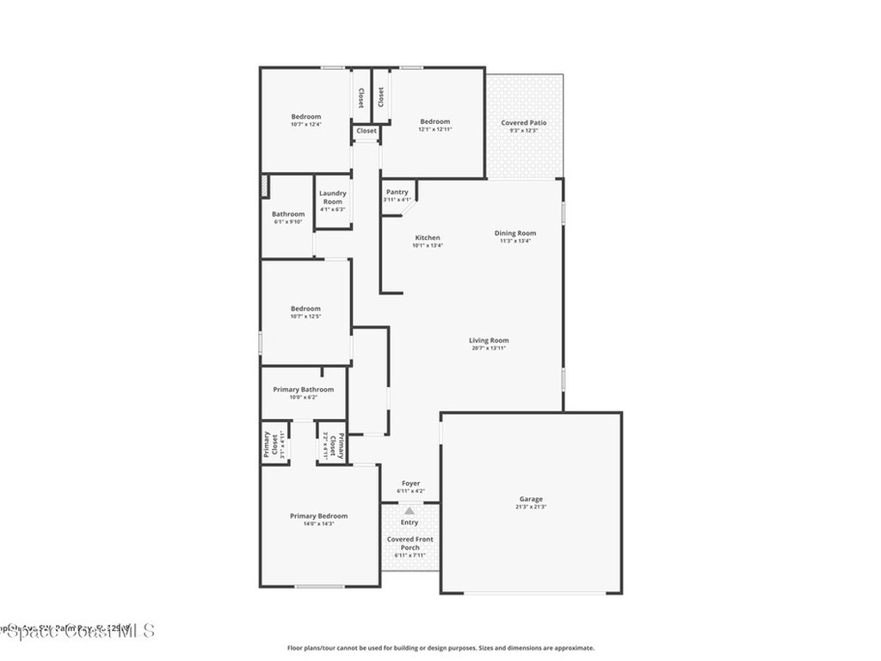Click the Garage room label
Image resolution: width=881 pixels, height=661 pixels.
531,499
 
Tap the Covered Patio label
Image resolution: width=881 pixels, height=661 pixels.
524,123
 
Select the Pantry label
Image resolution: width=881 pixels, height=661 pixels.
397,192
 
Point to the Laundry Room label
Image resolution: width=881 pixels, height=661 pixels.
332,197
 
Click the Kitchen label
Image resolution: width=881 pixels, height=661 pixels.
428,238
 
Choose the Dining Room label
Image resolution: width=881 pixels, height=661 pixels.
515,233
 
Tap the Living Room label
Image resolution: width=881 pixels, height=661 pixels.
489,340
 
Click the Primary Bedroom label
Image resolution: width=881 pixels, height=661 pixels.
318,516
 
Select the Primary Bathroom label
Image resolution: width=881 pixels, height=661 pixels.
303,389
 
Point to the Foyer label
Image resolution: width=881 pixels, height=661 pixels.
410,484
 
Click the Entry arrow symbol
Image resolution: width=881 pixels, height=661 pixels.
410,510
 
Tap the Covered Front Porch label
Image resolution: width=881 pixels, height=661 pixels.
410,543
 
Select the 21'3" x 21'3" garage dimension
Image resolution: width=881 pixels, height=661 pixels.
531,507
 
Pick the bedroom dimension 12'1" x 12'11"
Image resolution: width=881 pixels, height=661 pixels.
434,130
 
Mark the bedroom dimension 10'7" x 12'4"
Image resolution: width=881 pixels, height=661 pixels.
305,125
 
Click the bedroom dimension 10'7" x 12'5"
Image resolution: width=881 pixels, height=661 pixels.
305,317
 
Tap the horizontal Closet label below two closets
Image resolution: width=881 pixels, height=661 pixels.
367,131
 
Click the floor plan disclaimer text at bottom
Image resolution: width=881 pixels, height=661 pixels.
440,648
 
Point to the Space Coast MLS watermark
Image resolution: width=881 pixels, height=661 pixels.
77,631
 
